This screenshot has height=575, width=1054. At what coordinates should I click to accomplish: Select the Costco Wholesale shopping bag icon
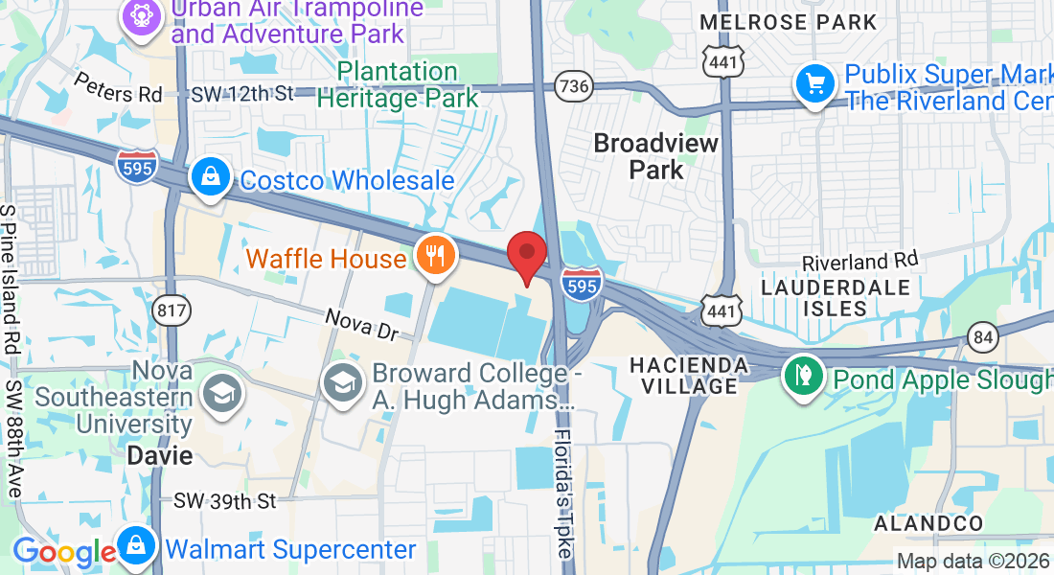(208, 178)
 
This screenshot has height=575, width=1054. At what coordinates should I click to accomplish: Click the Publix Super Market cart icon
(815, 85)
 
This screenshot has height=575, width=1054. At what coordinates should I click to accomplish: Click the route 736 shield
(574, 86)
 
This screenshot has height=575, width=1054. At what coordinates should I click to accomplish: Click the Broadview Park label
(656, 156)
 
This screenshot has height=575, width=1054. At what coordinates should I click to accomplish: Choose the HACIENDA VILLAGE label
(688, 375)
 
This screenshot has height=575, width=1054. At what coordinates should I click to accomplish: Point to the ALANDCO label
(928, 523)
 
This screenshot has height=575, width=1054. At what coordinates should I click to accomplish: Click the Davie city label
(160, 455)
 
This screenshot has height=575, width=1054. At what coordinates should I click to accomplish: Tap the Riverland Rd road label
(859, 260)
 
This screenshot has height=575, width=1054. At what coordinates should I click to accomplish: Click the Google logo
(64, 553)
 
